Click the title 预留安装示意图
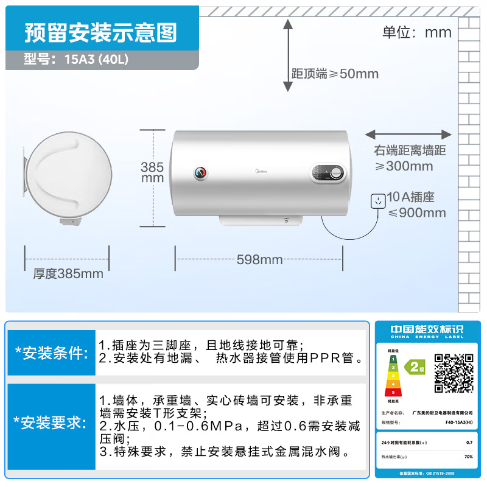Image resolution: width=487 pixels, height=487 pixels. click(x=100, y=32)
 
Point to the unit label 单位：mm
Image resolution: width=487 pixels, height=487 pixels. click(x=416, y=32)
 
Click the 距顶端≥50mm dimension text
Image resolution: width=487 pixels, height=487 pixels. click(x=335, y=74)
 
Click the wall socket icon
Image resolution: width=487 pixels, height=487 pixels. click(x=378, y=200)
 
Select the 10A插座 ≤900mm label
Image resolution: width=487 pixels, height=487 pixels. click(x=416, y=205)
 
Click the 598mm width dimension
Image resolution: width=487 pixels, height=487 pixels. click(x=260, y=260)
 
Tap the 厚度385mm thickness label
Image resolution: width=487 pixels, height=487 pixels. click(x=68, y=274)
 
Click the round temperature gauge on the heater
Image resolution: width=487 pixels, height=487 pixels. click(x=200, y=173)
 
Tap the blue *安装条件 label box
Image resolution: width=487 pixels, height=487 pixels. click(x=51, y=353)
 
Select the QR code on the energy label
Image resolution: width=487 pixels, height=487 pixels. click(x=454, y=372)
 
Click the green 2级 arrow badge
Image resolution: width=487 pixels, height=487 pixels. click(x=417, y=367)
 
